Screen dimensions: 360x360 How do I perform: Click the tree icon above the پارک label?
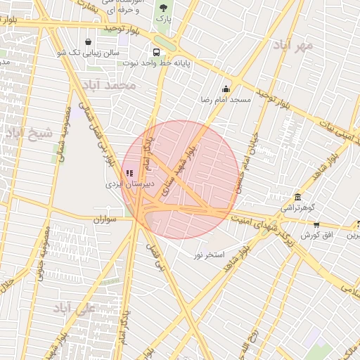pyautogui.click(x=163, y=8)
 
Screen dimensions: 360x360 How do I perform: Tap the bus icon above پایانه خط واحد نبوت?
pyautogui.click(x=156, y=51)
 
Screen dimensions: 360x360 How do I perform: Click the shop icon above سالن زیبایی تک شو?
pyautogui.click(x=87, y=41)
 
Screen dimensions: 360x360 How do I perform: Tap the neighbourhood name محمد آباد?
pyautogui.click(x=108, y=85)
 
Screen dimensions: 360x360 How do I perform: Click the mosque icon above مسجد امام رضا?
pyautogui.click(x=226, y=89)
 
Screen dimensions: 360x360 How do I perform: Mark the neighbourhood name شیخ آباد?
pyautogui.click(x=29, y=132)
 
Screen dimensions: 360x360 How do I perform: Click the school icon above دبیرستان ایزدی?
pyautogui.click(x=129, y=172)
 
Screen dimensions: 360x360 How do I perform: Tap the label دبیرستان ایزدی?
pyautogui.click(x=125, y=184)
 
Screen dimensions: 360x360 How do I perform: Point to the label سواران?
pyautogui.click(x=108, y=220)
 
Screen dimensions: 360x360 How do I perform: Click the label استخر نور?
pyautogui.click(x=209, y=254)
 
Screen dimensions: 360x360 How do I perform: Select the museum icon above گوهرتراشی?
pyautogui.click(x=299, y=196)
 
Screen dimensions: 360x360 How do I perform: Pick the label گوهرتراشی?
pyautogui.click(x=299, y=207)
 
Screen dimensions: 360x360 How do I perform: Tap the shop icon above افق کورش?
pyautogui.click(x=316, y=224)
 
